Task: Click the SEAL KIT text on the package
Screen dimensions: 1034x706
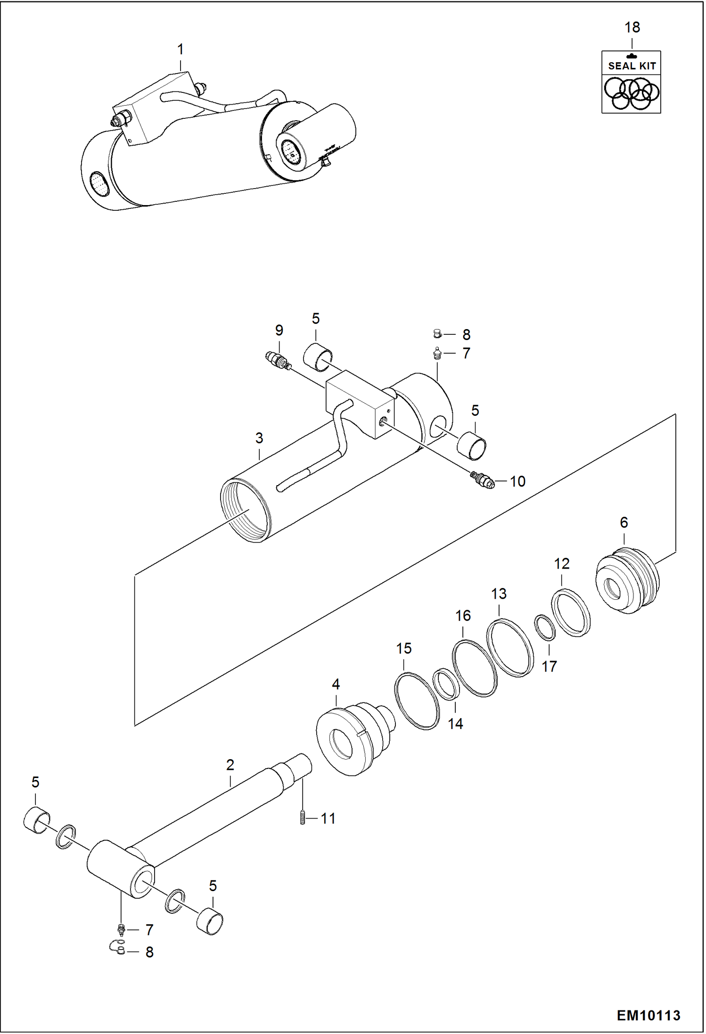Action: coord(632,66)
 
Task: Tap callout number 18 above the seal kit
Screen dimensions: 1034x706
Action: coord(632,28)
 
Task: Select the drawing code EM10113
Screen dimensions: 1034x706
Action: coord(649,1015)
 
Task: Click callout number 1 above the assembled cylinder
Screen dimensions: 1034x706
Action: coord(181,50)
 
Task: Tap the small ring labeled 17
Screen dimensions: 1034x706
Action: coord(545,628)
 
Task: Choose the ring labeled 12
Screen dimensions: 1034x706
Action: coord(571,612)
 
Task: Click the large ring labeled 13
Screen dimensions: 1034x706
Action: coord(510,647)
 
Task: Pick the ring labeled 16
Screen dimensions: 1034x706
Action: coord(475,668)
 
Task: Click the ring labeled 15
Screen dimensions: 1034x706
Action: coord(417,701)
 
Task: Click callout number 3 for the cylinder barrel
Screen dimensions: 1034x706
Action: coord(259,438)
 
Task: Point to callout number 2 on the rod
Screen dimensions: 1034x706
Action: coord(230,765)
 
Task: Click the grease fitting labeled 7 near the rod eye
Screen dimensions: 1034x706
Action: coord(121,929)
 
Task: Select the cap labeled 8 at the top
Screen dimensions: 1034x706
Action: coord(437,334)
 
